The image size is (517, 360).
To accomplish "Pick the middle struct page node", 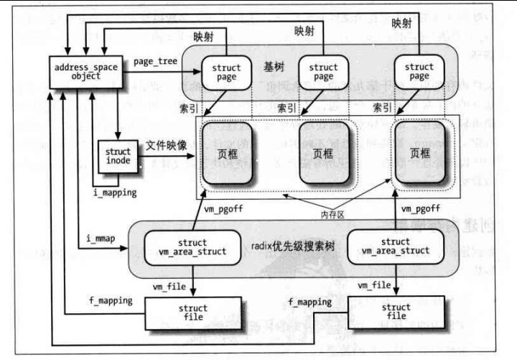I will coord(323,73).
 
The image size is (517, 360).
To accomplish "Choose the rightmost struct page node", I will coord(419,73).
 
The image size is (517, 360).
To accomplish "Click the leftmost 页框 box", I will coord(228,152).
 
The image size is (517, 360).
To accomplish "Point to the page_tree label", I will coord(155,62).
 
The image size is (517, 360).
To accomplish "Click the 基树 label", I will coord(274,67).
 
